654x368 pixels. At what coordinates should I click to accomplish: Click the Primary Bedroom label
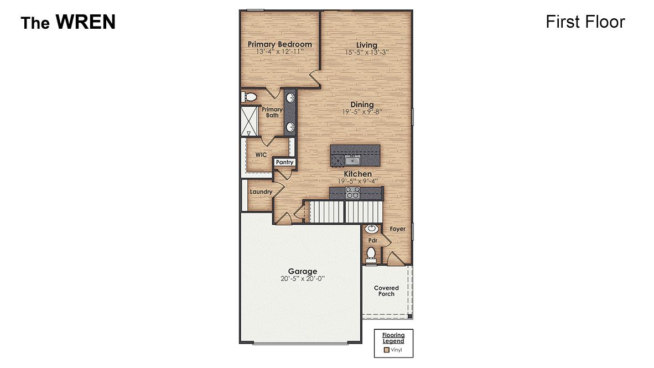279,44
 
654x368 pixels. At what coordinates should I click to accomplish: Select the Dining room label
362,105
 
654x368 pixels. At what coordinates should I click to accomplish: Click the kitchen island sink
352,160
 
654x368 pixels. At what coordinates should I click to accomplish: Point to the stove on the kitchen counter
352,193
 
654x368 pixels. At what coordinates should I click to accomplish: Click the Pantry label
284,163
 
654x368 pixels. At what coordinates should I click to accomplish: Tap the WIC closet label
261,155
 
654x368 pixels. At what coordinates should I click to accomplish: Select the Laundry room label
261,192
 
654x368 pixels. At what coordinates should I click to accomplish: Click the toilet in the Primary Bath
251,97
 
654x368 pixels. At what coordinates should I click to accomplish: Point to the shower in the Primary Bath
248,121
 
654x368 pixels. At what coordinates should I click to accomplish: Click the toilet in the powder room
371,254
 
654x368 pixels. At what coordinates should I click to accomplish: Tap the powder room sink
371,229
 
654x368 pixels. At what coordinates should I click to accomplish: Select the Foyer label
397,229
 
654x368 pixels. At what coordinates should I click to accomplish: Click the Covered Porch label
386,291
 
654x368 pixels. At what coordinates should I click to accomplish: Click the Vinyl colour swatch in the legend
386,350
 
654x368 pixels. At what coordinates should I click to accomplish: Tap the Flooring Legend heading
393,338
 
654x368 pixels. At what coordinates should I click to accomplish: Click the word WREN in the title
85,22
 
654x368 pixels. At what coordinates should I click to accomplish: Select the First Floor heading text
585,22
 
